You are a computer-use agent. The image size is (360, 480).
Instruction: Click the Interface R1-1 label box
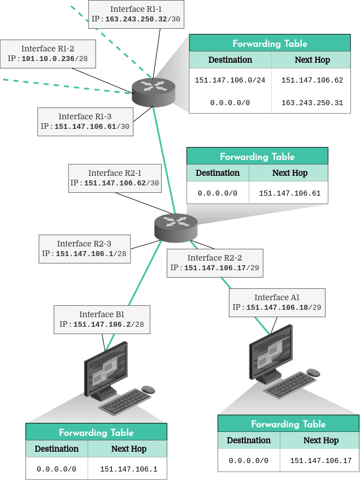coord(136,14)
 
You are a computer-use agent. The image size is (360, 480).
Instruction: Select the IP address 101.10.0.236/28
coord(54,58)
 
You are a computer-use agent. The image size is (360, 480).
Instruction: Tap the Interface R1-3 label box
coord(85,122)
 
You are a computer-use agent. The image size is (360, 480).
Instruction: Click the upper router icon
coord(153,92)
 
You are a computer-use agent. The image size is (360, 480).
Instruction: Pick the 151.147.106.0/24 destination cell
coord(230,80)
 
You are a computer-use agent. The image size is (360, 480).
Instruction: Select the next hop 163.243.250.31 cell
coord(312,102)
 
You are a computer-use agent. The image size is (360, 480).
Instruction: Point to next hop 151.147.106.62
coord(312,80)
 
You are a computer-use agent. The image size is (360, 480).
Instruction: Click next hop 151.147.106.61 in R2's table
coord(289,193)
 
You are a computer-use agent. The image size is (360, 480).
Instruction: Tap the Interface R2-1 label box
coord(115,178)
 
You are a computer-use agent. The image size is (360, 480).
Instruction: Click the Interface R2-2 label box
coord(215,263)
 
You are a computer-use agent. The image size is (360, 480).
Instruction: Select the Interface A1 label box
coord(277,302)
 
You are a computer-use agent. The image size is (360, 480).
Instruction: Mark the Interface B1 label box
coord(102,319)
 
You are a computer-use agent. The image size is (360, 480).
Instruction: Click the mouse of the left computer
coord(148,390)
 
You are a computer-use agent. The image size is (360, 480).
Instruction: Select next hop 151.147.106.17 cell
coord(320,460)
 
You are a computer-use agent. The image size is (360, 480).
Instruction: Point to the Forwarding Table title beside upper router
coord(270,44)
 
